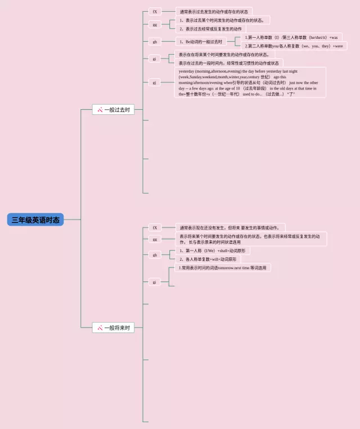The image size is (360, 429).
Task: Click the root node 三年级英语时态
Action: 35,220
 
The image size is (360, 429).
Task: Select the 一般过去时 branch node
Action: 113,110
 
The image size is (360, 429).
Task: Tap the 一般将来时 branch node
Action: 113,327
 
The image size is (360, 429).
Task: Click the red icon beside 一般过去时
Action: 100,110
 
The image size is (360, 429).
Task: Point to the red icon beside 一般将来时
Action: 100,327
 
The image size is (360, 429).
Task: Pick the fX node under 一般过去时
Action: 154,11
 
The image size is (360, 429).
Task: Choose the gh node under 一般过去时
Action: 154,42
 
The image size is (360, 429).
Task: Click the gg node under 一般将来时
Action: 154,239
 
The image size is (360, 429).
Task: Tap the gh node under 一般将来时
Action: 154,255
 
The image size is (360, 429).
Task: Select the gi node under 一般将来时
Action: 154,281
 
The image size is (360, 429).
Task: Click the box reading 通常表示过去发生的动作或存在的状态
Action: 214,11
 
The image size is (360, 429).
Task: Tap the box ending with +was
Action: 291,37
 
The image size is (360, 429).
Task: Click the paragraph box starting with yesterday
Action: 250,83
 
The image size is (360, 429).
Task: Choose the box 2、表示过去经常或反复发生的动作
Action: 210,29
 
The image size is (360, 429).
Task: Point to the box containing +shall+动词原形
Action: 212,251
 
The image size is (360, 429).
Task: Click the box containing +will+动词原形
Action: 207,260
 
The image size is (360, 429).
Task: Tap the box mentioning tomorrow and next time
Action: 223,268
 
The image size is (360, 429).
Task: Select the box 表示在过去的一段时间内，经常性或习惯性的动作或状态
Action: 228,63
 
